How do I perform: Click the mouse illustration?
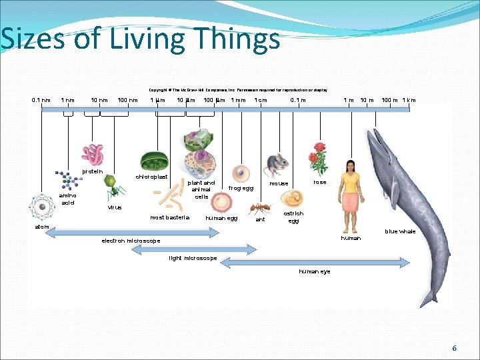click(x=275, y=164)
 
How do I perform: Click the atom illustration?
click(x=42, y=208)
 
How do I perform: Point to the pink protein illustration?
click(x=93, y=154)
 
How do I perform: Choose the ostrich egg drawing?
click(x=291, y=198)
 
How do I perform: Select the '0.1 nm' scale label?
click(x=41, y=101)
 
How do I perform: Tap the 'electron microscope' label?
click(x=131, y=241)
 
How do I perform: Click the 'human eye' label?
click(x=315, y=271)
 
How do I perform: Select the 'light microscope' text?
click(x=193, y=258)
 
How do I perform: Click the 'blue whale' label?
click(x=400, y=231)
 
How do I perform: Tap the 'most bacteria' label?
click(x=169, y=217)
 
